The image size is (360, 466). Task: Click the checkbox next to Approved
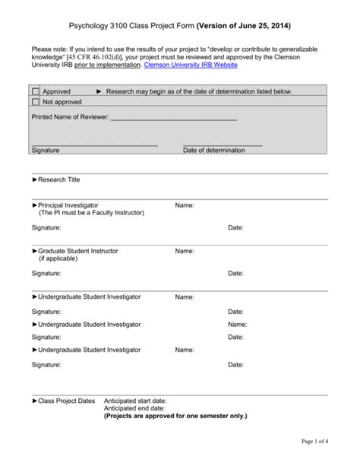coord(36,91)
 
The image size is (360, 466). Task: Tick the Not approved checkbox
coord(36,101)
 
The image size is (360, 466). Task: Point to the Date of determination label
coord(213,151)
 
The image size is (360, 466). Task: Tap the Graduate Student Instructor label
coord(77,251)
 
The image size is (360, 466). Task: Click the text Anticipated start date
coord(135,401)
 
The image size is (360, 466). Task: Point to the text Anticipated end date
coord(134,408)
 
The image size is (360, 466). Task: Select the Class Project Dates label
coord(67,401)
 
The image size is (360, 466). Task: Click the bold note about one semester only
coord(175,416)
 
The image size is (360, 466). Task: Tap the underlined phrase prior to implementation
coord(107,65)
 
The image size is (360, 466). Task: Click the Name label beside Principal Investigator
coord(185,205)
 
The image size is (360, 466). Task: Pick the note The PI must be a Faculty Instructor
coord(91,213)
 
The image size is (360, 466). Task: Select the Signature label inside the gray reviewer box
coord(46,151)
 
